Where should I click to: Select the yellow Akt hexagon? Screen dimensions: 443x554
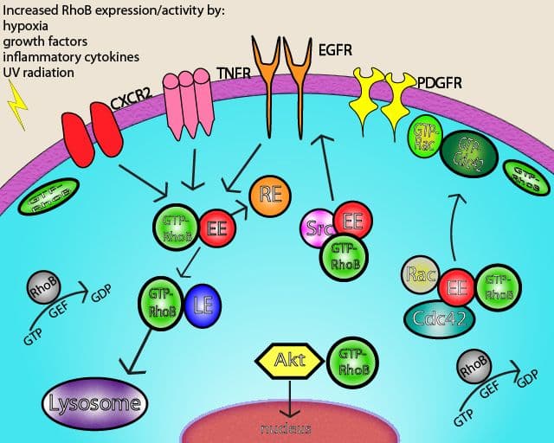coord(289,360)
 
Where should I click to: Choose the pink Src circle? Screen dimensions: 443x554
coord(318,229)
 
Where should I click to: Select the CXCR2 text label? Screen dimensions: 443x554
coord(131,107)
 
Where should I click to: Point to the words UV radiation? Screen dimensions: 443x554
coord(39,73)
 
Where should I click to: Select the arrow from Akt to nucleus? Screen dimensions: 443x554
coord(289,397)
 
